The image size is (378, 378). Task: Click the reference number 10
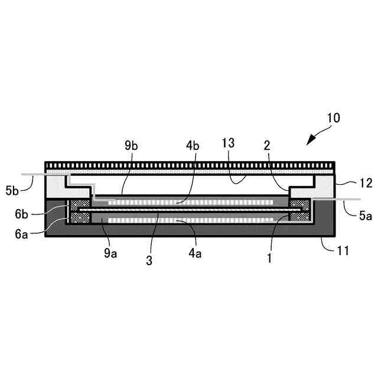pyautogui.click(x=333, y=117)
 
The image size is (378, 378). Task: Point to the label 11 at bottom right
pyautogui.click(x=343, y=250)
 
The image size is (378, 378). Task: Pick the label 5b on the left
pyautogui.click(x=12, y=190)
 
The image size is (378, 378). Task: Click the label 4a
pyautogui.click(x=195, y=255)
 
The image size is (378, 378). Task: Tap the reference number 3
pyautogui.click(x=149, y=259)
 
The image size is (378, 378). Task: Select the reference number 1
pyautogui.click(x=270, y=258)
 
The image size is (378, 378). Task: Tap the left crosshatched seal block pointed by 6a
pyautogui.click(x=79, y=217)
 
